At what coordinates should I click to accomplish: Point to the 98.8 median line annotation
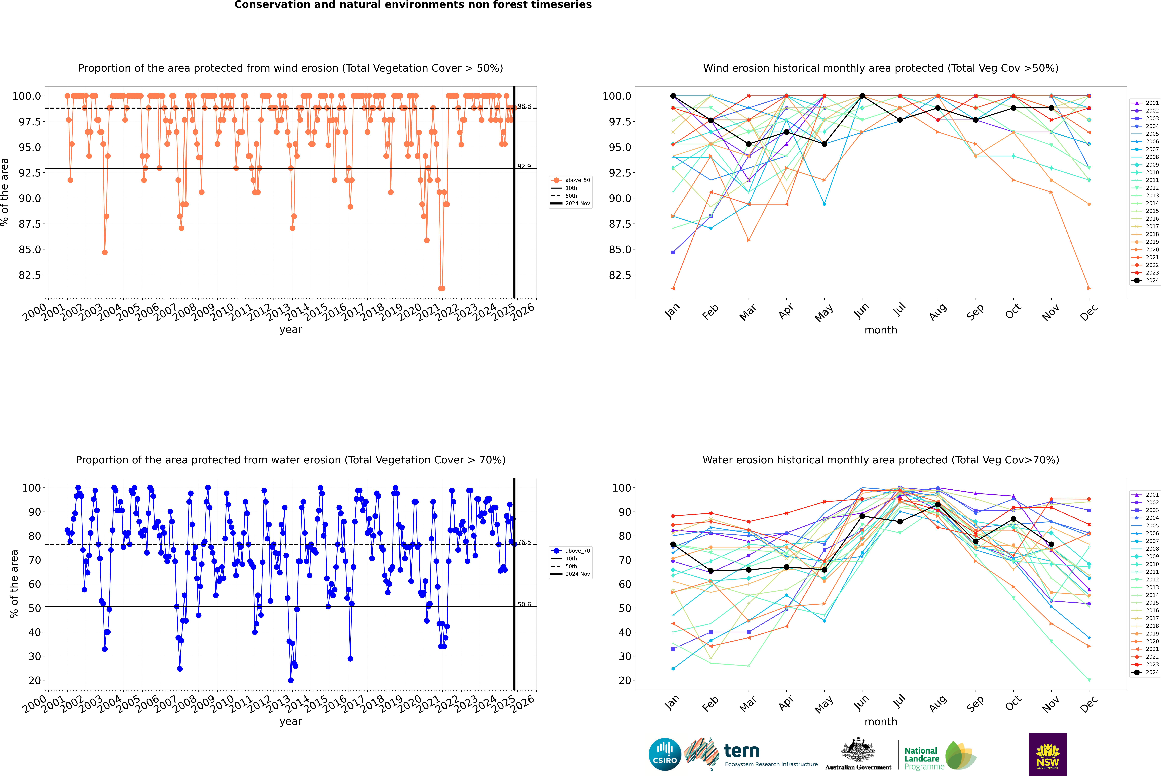pyautogui.click(x=524, y=106)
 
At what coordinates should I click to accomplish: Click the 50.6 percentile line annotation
pyautogui.click(x=524, y=604)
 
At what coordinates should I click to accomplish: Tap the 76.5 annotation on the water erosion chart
pyautogui.click(x=524, y=542)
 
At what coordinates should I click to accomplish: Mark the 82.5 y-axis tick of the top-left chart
pyautogui.click(x=30, y=275)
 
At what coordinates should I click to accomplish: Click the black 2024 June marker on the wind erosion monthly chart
pyautogui.click(x=862, y=96)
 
